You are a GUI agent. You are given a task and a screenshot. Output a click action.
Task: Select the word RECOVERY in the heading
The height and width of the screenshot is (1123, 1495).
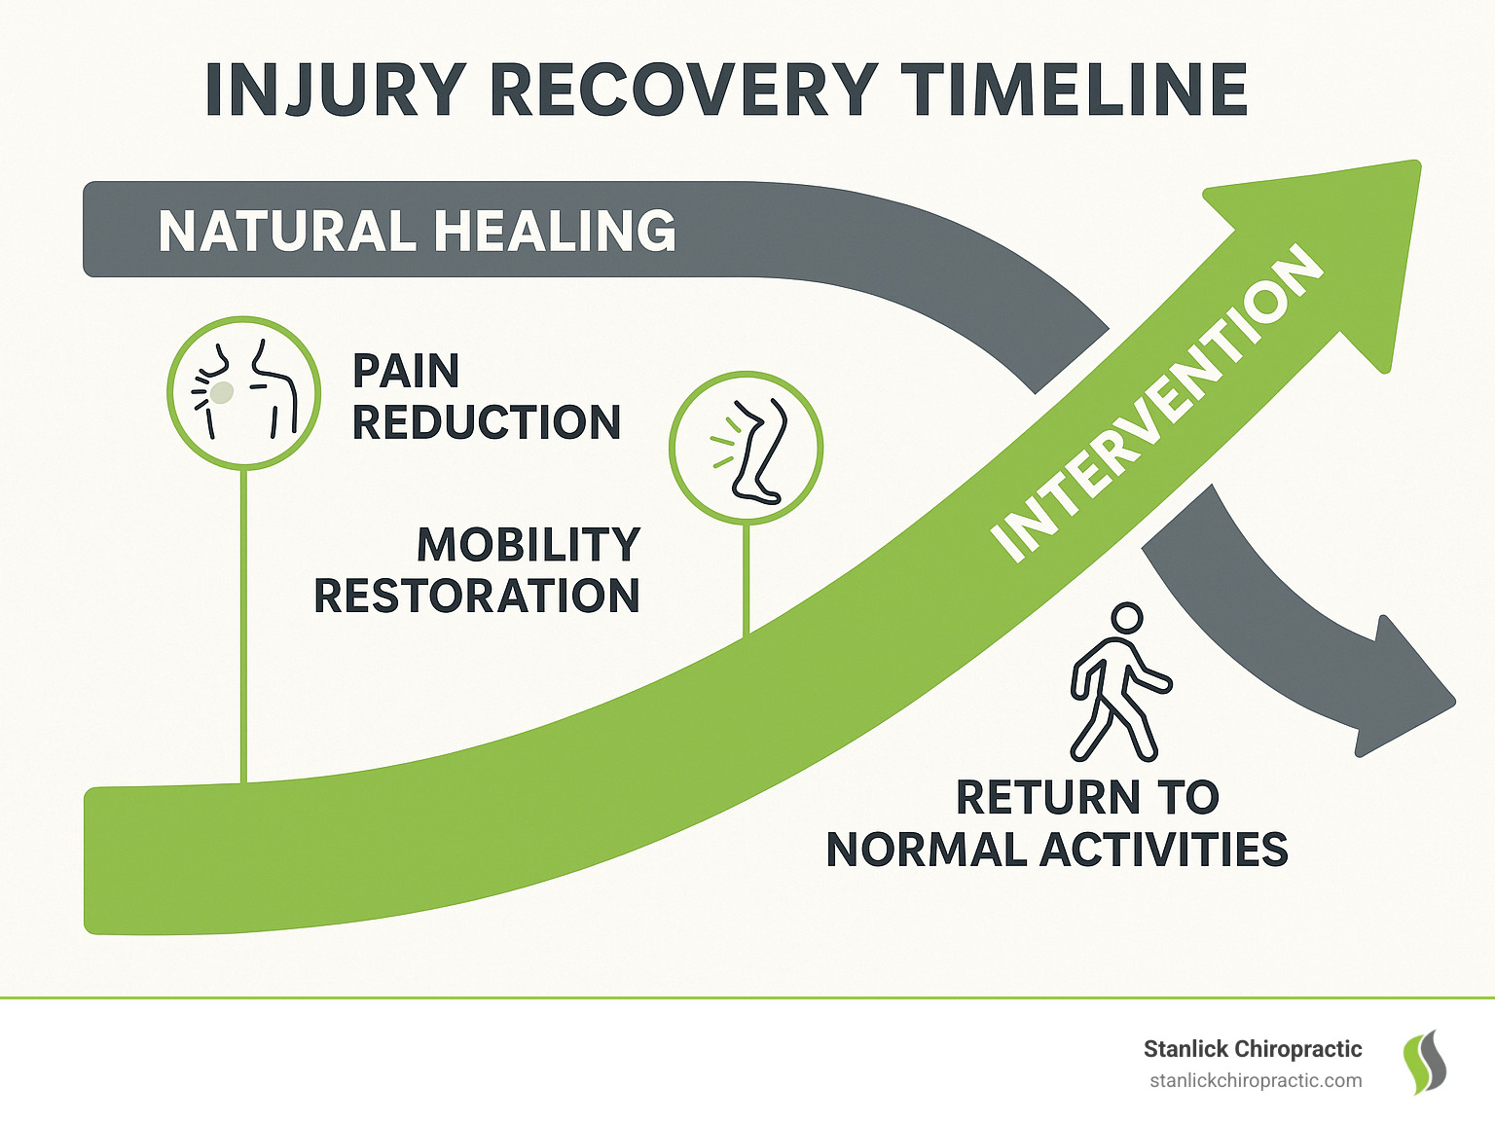coord(682,91)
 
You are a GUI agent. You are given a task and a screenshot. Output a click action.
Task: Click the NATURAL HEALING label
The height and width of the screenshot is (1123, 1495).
coord(417,232)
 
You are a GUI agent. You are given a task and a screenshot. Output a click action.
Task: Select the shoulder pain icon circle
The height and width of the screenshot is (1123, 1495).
coord(243,392)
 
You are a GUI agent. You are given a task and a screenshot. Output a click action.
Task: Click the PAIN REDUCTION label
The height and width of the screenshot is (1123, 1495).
coord(486,397)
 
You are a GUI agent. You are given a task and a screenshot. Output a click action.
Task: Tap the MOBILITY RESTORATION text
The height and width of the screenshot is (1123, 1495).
coord(477,570)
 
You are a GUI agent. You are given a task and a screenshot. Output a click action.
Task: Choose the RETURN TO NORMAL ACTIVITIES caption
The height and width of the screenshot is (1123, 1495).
coord(1057,823)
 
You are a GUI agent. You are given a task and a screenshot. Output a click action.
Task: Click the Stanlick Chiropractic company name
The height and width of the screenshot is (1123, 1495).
coord(1252,1049)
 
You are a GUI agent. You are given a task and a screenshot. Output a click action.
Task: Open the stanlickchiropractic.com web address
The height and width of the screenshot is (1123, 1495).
coord(1255,1081)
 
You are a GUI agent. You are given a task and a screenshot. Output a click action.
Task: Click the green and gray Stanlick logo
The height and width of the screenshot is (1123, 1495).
coord(1423,1063)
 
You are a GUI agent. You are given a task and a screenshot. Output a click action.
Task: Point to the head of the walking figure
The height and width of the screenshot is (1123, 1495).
coord(1126,618)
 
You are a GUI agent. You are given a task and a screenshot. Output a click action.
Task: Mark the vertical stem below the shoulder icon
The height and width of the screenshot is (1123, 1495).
coord(243,623)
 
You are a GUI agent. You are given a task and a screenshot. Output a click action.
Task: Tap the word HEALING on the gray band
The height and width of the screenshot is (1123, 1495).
coord(555,232)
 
